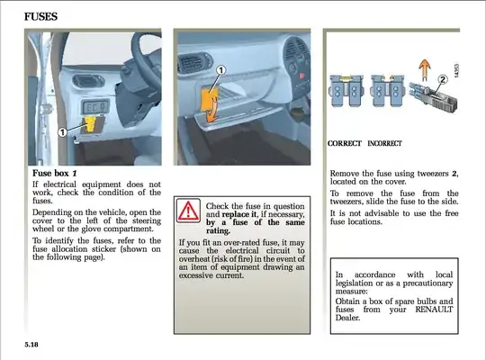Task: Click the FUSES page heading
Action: pyautogui.click(x=40, y=16)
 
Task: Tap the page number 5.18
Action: pyautogui.click(x=31, y=345)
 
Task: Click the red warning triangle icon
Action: pyautogui.click(x=188, y=211)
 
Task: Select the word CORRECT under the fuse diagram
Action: pyautogui.click(x=345, y=144)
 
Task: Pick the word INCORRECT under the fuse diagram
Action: pyautogui.click(x=384, y=144)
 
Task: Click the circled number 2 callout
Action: pyautogui.click(x=443, y=80)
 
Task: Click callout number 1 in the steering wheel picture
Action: pyautogui.click(x=63, y=132)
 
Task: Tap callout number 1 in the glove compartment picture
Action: pyautogui.click(x=220, y=70)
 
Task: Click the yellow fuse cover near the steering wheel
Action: pyautogui.click(x=91, y=124)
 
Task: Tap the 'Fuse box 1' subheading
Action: pyautogui.click(x=55, y=173)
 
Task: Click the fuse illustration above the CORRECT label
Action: pyautogui.click(x=346, y=90)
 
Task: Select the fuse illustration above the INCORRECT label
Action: pyautogui.click(x=388, y=90)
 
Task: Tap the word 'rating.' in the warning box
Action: pyautogui.click(x=218, y=231)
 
